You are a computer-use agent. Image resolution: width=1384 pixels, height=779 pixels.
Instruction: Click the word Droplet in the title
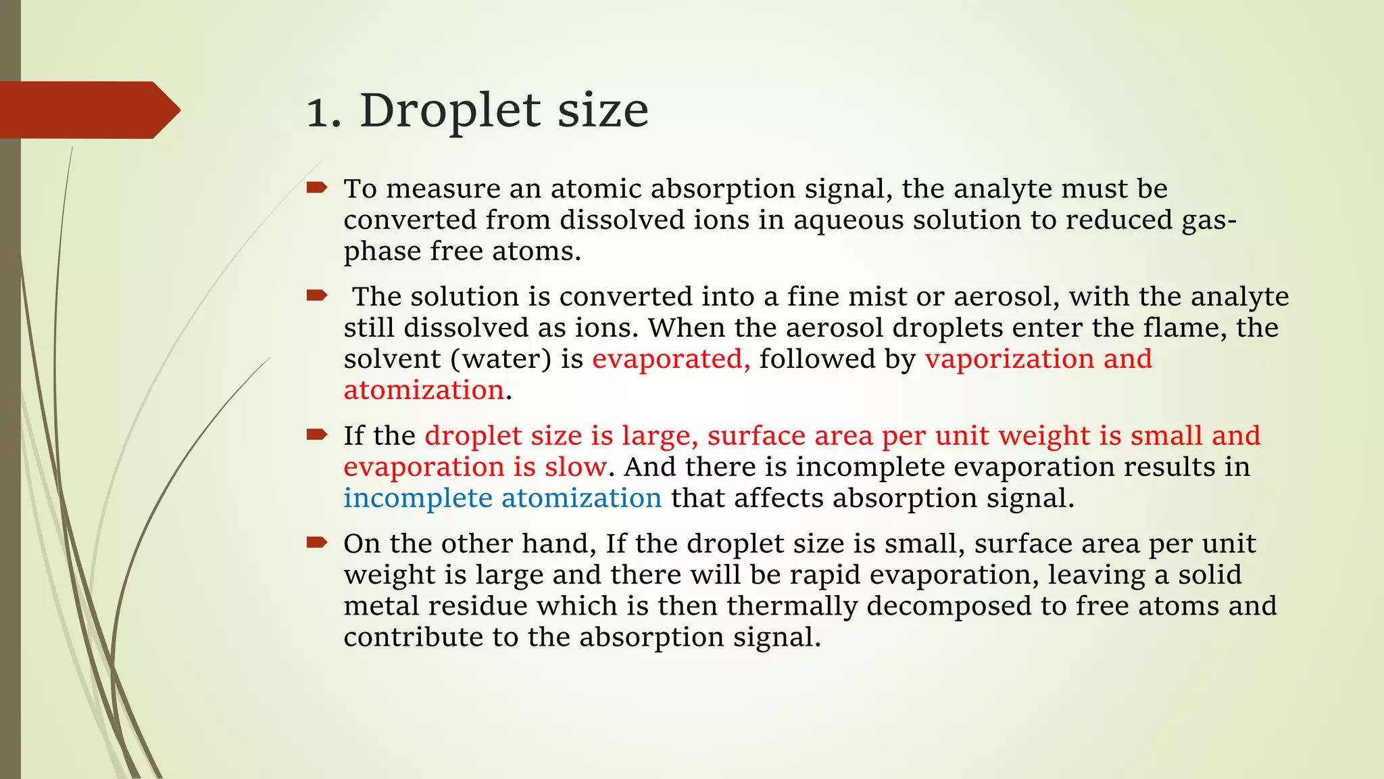pos(451,110)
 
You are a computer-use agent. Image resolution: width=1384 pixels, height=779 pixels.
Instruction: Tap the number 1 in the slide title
pos(318,112)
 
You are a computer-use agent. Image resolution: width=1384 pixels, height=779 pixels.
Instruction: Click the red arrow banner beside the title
pos(88,110)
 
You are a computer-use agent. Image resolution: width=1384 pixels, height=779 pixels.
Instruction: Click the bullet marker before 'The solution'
pos(316,296)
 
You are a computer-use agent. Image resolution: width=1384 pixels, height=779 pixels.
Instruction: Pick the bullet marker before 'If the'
pos(316,434)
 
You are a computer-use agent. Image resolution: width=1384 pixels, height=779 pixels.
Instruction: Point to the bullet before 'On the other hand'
pos(316,542)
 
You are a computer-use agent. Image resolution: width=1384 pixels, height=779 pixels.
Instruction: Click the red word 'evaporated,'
pos(671,358)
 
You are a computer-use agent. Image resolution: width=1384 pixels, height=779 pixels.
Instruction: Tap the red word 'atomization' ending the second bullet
pos(424,390)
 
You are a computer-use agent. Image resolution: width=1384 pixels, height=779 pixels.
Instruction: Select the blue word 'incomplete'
pos(418,498)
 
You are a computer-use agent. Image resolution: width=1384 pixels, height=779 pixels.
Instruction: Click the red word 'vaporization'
pos(1010,359)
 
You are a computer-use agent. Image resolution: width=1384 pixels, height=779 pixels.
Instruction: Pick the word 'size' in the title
pos(602,110)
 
